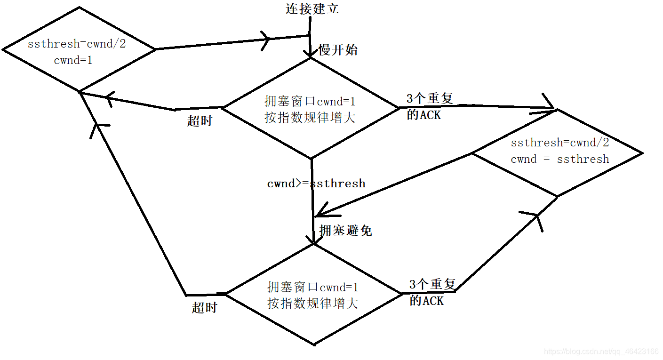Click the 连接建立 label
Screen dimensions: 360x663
click(x=312, y=8)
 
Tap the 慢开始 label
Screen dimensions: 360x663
click(x=338, y=50)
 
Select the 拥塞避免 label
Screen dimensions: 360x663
click(x=346, y=230)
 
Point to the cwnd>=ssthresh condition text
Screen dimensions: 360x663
click(x=316, y=184)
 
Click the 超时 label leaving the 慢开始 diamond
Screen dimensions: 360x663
click(x=200, y=120)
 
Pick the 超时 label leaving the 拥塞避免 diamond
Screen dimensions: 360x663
click(x=205, y=308)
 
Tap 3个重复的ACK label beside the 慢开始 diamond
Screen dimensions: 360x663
click(x=429, y=106)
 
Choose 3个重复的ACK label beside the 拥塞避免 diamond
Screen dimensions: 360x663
click(x=431, y=292)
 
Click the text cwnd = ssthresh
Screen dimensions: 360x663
click(x=559, y=159)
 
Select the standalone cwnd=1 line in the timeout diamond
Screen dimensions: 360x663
click(x=73, y=60)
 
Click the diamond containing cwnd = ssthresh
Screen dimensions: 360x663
click(x=558, y=153)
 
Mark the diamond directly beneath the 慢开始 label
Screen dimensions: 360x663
click(x=311, y=108)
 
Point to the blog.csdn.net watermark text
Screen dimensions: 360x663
click(x=601, y=352)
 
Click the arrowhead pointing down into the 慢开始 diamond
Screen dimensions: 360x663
click(x=311, y=55)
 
